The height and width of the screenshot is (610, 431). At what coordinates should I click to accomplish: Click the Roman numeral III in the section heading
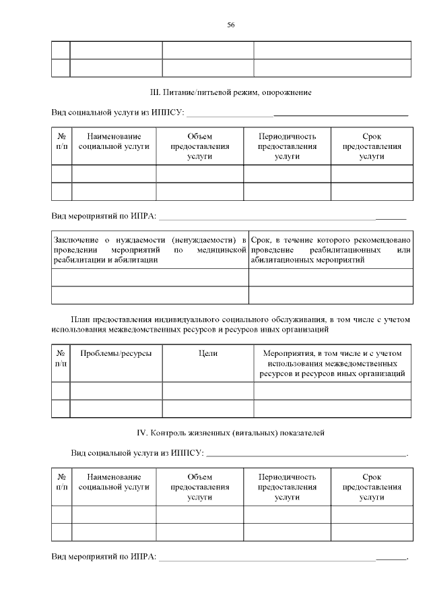(x=154, y=91)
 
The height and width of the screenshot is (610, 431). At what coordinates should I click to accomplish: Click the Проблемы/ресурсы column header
(x=116, y=353)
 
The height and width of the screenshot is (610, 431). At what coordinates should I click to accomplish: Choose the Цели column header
(x=208, y=353)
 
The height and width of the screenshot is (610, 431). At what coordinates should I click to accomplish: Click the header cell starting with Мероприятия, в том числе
(x=333, y=363)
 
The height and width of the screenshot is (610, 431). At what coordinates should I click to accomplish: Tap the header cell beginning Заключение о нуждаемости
(x=150, y=249)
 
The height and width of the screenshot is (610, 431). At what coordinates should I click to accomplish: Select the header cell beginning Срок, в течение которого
(x=330, y=249)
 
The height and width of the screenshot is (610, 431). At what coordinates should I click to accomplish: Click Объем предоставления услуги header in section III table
(x=200, y=146)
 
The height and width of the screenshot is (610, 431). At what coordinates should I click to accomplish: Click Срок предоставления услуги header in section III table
(x=372, y=146)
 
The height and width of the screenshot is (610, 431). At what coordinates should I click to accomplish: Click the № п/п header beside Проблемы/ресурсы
(x=61, y=358)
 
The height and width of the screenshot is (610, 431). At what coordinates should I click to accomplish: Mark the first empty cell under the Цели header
(x=208, y=391)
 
